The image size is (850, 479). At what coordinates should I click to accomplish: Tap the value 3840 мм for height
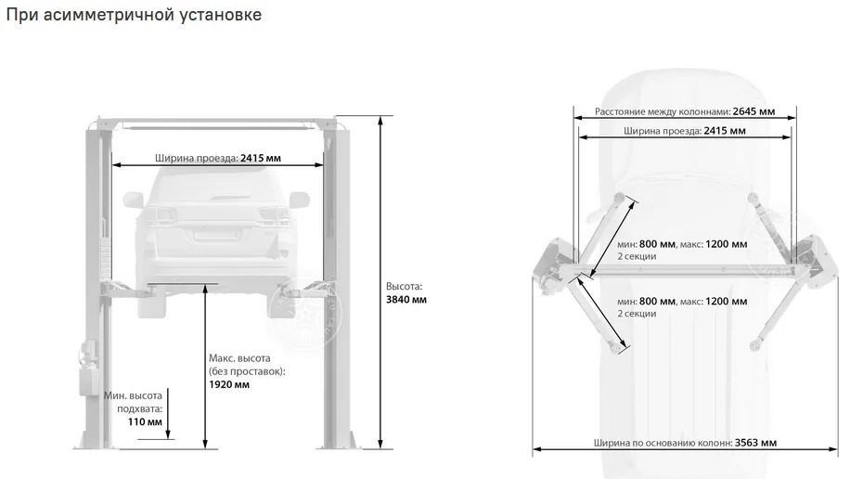tap(406, 300)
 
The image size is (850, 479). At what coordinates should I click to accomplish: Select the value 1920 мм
tap(229, 384)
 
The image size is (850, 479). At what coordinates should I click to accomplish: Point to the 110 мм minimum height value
tap(145, 421)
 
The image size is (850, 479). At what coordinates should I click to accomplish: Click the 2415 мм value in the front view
tap(261, 158)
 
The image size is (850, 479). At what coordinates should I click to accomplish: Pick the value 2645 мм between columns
tap(753, 111)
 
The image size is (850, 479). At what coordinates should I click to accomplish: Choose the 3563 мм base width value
tap(755, 443)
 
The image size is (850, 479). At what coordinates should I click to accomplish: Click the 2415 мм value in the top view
tap(725, 131)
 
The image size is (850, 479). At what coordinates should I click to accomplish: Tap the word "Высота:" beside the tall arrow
tap(404, 287)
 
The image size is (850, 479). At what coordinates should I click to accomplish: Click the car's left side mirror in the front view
tap(133, 200)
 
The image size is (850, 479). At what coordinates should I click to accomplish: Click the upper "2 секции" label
tap(637, 256)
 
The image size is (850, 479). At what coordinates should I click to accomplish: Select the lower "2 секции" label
tap(637, 314)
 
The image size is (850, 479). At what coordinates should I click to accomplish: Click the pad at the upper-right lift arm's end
tap(752, 197)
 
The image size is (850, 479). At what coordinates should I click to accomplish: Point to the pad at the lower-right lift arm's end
tap(754, 345)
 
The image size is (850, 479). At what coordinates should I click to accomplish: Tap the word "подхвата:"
tap(139, 408)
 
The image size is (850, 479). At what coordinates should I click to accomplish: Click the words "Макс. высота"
tap(239, 358)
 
